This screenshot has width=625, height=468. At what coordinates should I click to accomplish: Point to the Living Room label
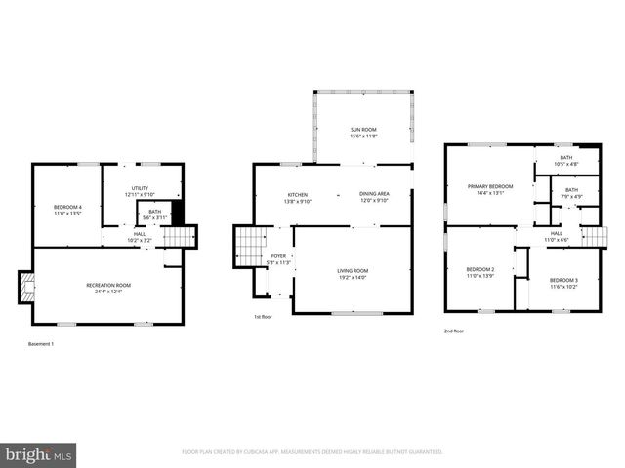(x=352, y=273)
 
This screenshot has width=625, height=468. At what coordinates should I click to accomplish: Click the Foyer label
(x=278, y=258)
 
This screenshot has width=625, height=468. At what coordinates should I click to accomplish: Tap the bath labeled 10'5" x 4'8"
(x=565, y=160)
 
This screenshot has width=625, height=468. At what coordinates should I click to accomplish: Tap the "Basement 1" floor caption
(x=41, y=344)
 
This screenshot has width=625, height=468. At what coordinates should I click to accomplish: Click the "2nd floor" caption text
(x=454, y=331)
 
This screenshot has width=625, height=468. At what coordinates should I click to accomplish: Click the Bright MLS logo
(x=39, y=454)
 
